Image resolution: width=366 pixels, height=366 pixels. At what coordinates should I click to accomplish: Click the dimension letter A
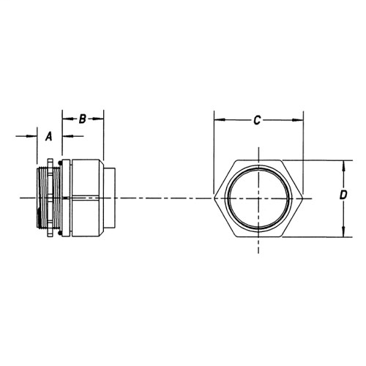pos(49,135)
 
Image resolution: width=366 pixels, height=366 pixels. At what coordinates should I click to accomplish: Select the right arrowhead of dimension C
pos(300,121)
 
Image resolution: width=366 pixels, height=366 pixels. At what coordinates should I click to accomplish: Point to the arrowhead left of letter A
pos(31,135)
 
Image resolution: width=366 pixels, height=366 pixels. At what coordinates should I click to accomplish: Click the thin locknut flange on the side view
pos(50,198)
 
